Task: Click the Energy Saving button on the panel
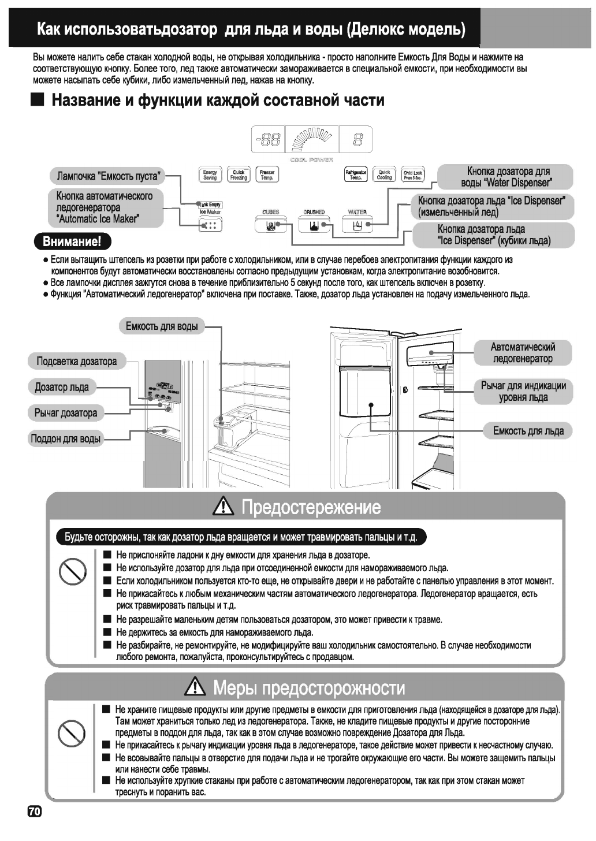pyautogui.click(x=210, y=174)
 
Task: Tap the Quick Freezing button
pyautogui.click(x=239, y=174)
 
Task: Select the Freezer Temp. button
pyautogui.click(x=267, y=174)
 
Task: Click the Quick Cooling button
pyautogui.click(x=384, y=174)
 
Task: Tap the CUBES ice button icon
pyautogui.click(x=270, y=225)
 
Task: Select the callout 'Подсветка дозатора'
pyautogui.click(x=76, y=362)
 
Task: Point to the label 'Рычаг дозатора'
pyautogui.click(x=66, y=413)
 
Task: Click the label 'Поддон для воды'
pyautogui.click(x=65, y=438)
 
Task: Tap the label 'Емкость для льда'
pyautogui.click(x=528, y=431)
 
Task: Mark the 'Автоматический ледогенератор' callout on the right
pyautogui.click(x=523, y=353)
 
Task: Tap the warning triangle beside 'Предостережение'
pyautogui.click(x=223, y=508)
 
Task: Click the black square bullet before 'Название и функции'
pyautogui.click(x=38, y=100)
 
